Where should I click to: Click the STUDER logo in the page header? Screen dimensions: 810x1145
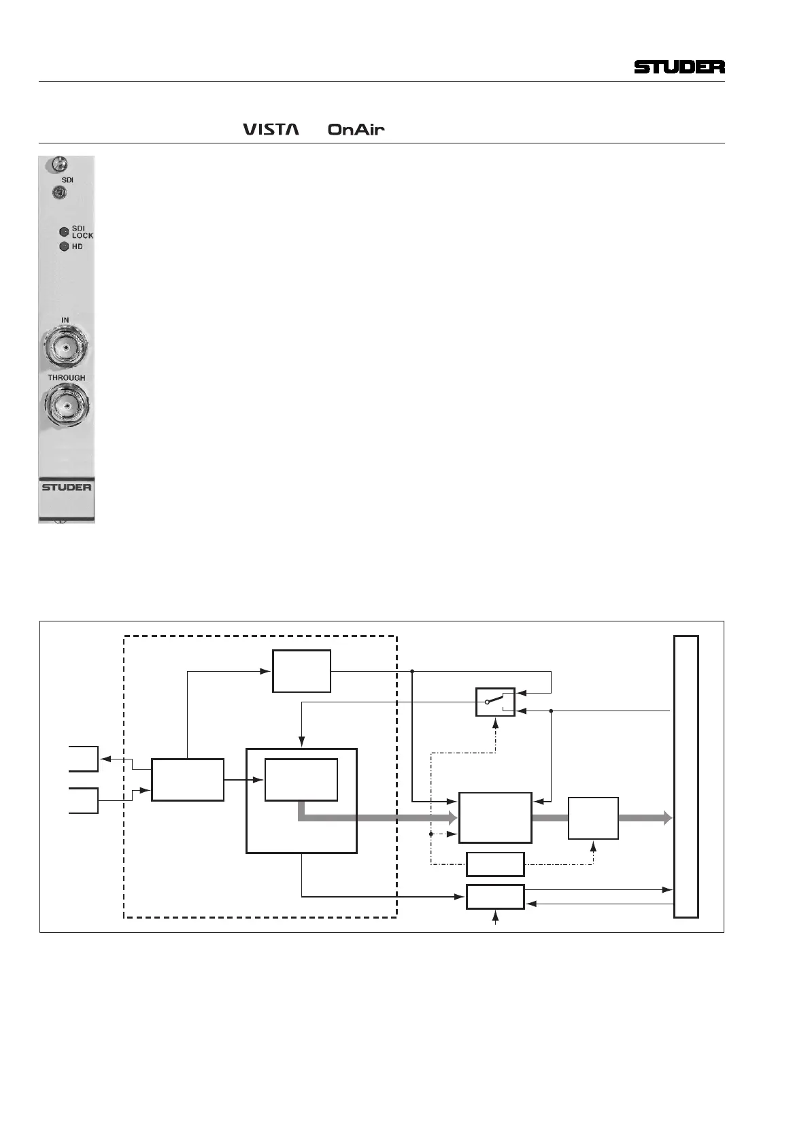[x=679, y=67]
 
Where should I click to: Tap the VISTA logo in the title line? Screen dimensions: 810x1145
[x=271, y=129]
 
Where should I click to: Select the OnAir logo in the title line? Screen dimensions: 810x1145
[x=356, y=129]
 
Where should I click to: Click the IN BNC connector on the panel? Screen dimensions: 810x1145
[x=64, y=348]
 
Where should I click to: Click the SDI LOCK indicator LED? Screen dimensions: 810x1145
[x=64, y=231]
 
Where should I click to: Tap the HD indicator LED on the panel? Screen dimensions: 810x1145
[x=64, y=246]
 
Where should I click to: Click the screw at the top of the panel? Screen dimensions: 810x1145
[x=58, y=164]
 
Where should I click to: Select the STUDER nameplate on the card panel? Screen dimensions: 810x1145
[x=66, y=488]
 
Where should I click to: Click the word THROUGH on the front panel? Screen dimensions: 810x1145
[x=66, y=377]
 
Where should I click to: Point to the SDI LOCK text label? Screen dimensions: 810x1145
[x=82, y=231]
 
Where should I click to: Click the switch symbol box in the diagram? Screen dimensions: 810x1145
[x=495, y=702]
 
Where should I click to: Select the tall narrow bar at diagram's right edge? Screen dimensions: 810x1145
[x=686, y=776]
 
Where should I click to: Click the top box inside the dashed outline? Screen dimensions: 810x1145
[x=301, y=671]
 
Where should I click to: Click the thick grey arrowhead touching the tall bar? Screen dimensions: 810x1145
[x=667, y=818]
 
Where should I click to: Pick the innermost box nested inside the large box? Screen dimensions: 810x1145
[x=301, y=779]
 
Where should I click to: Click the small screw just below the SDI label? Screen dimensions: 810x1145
[x=59, y=193]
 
